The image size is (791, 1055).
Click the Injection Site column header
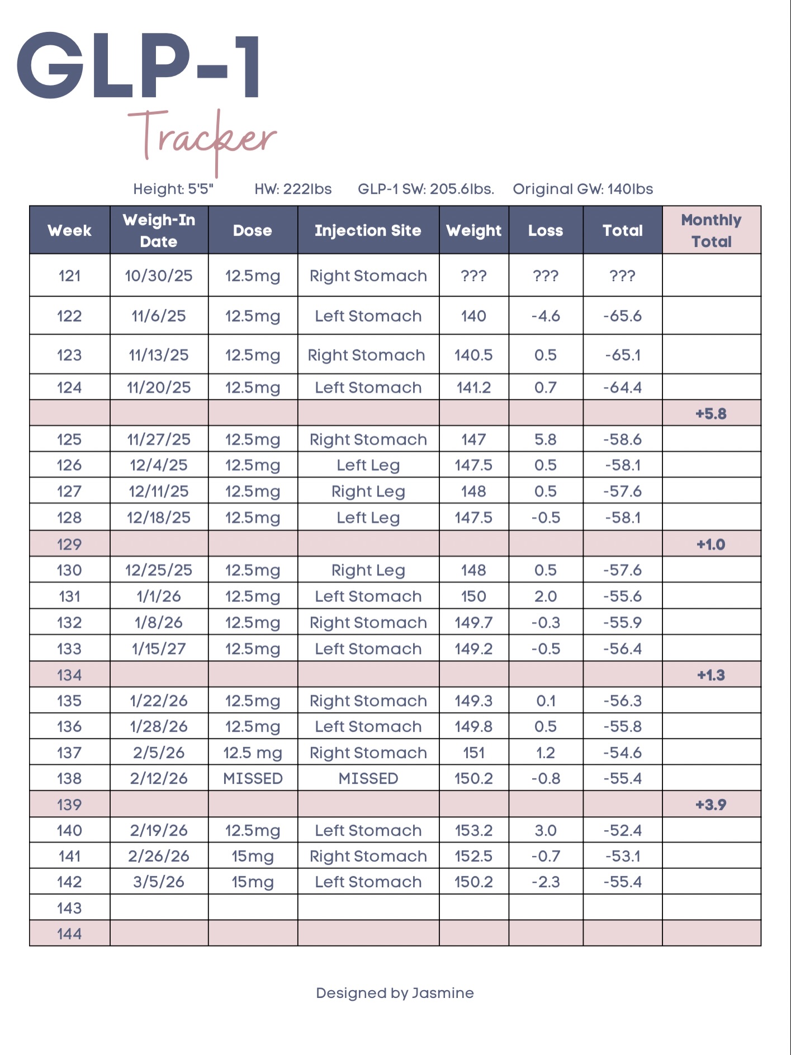tap(368, 230)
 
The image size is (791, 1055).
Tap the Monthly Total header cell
tap(711, 230)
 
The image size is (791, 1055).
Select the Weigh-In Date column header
tap(159, 230)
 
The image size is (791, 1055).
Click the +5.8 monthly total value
tap(711, 414)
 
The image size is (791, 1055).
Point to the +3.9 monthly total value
tap(711, 804)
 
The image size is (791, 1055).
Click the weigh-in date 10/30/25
tap(159, 276)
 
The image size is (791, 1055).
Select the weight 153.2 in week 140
tap(473, 830)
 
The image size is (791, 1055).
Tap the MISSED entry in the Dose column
tap(253, 778)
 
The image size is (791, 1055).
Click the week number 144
tap(69, 934)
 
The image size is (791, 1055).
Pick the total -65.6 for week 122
tap(622, 316)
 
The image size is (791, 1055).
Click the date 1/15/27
tap(159, 649)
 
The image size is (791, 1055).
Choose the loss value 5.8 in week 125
tap(545, 440)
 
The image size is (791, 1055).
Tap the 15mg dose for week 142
tap(253, 882)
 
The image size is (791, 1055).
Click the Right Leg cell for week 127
tap(368, 491)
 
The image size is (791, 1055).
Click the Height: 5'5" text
tap(173, 189)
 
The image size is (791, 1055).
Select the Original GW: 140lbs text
tap(582, 189)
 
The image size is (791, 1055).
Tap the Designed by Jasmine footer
tap(395, 993)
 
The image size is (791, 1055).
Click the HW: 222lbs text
tap(293, 189)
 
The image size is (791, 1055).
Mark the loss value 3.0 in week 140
tap(545, 830)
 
